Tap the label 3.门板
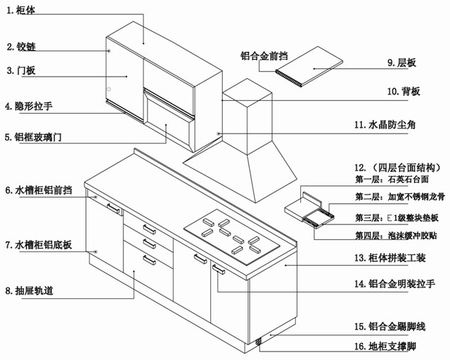21,71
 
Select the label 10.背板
404,92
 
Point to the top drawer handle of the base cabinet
149,229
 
